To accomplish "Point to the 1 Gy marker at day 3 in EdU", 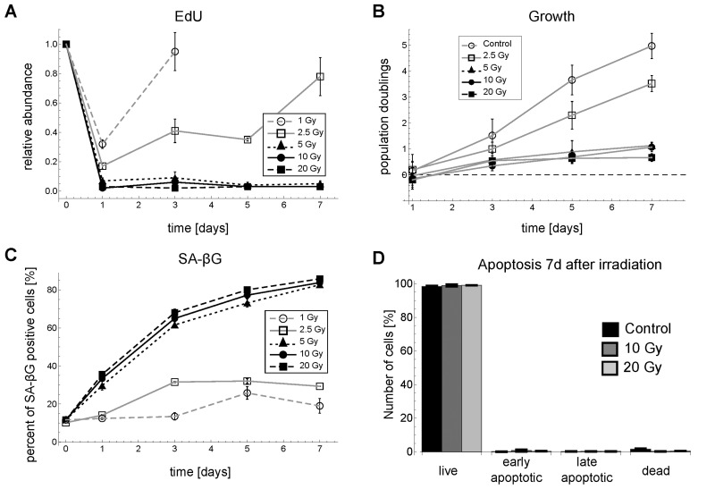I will pyautogui.click(x=175, y=52).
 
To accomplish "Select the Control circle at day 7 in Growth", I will pyautogui.click(x=652, y=46).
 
